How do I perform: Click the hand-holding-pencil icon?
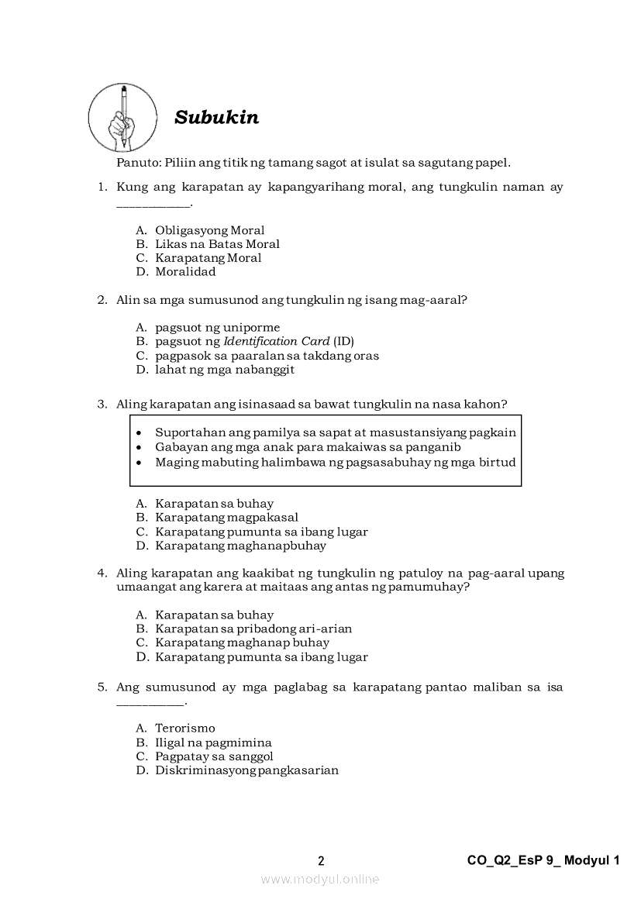[x=122, y=119]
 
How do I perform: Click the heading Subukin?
[x=216, y=118]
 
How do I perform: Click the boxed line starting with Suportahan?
[x=335, y=432]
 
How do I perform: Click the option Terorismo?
[x=184, y=729]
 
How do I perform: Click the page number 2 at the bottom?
[x=321, y=861]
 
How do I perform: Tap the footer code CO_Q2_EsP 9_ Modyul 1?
[x=543, y=860]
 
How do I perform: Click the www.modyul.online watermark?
[x=320, y=879]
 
